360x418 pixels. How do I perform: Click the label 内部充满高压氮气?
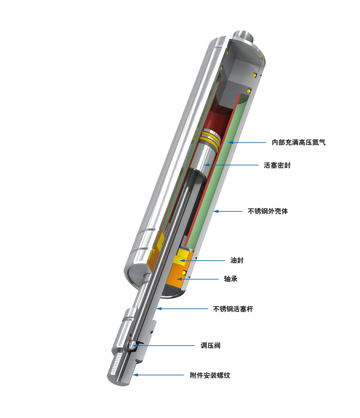point(298,142)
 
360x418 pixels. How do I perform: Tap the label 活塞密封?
point(277,165)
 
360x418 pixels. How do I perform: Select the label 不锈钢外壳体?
point(268,211)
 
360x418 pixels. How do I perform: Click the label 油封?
point(237,261)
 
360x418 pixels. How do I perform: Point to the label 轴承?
point(230,279)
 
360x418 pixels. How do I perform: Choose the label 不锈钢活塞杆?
point(233,309)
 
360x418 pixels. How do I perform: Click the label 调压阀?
point(210,346)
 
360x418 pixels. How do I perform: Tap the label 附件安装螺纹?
point(210,376)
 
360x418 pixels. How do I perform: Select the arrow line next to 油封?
point(205,261)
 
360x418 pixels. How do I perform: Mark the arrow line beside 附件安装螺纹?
point(158,375)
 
